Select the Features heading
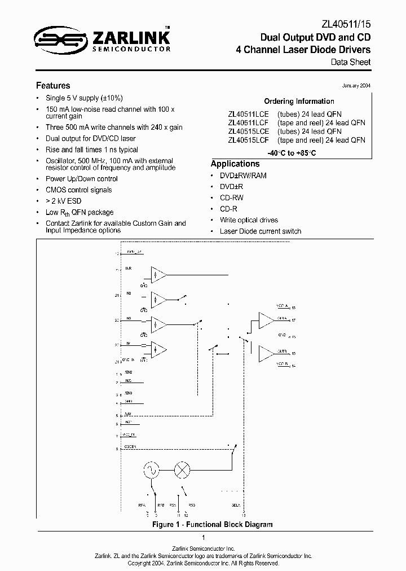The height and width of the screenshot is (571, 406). point(53,86)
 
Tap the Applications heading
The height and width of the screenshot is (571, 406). point(235,164)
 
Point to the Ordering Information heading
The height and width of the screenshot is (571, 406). point(299,102)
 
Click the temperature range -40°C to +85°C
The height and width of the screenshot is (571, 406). point(299,152)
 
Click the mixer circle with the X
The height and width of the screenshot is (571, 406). point(182,469)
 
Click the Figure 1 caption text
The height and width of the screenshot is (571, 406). point(213,524)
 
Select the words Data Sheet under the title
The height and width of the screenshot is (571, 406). point(351,62)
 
